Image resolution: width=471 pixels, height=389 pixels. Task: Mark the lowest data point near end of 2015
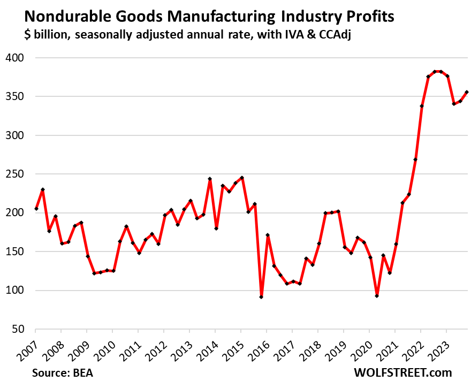point(261,297)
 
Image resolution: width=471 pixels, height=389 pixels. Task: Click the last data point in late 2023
point(467,92)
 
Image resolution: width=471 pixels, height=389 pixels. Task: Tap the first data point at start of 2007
point(36,209)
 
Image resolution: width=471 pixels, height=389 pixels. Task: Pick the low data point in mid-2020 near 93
point(377,296)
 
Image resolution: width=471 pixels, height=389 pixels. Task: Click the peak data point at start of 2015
point(242,178)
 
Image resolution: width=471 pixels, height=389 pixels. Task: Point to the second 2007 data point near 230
point(42,189)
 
